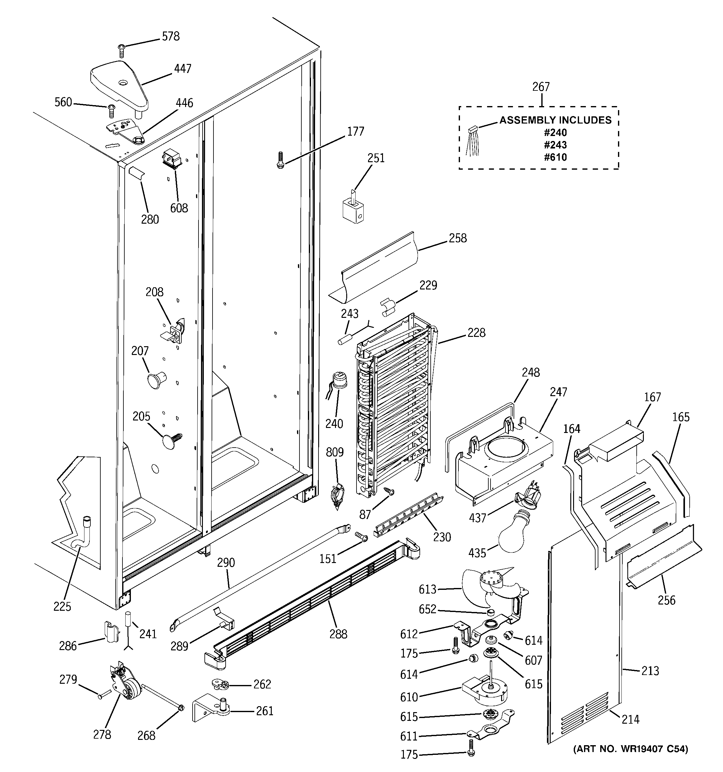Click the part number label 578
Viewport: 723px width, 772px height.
[x=170, y=36]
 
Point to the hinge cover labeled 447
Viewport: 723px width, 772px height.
[x=119, y=84]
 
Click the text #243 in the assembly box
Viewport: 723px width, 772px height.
[x=555, y=145]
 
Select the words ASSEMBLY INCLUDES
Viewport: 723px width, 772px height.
[x=555, y=120]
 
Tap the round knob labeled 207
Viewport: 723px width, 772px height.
[x=155, y=379]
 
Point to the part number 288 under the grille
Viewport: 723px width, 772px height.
[x=338, y=634]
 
